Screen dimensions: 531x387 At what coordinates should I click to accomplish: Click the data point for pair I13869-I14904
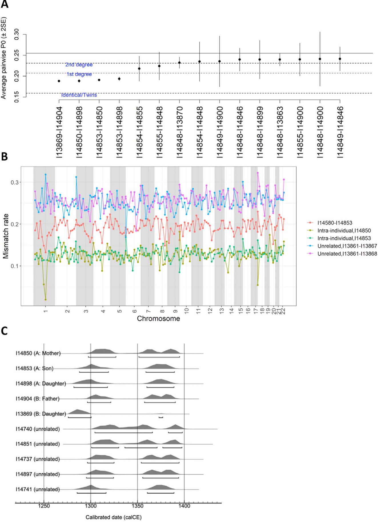coord(59,81)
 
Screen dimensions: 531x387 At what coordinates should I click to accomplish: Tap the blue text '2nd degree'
coord(79,65)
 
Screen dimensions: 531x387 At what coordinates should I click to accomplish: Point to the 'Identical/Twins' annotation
coord(79,95)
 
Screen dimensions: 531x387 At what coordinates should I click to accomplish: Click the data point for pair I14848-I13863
coord(280,59)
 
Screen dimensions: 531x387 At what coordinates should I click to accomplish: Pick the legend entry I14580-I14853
coord(334,222)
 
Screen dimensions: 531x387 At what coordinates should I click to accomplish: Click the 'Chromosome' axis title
coord(159,319)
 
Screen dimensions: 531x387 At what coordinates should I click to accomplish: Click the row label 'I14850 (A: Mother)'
coord(38,353)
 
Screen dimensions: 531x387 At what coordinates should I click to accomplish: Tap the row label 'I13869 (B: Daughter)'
coord(41,414)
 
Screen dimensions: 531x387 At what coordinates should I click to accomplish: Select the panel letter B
coord(5,157)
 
